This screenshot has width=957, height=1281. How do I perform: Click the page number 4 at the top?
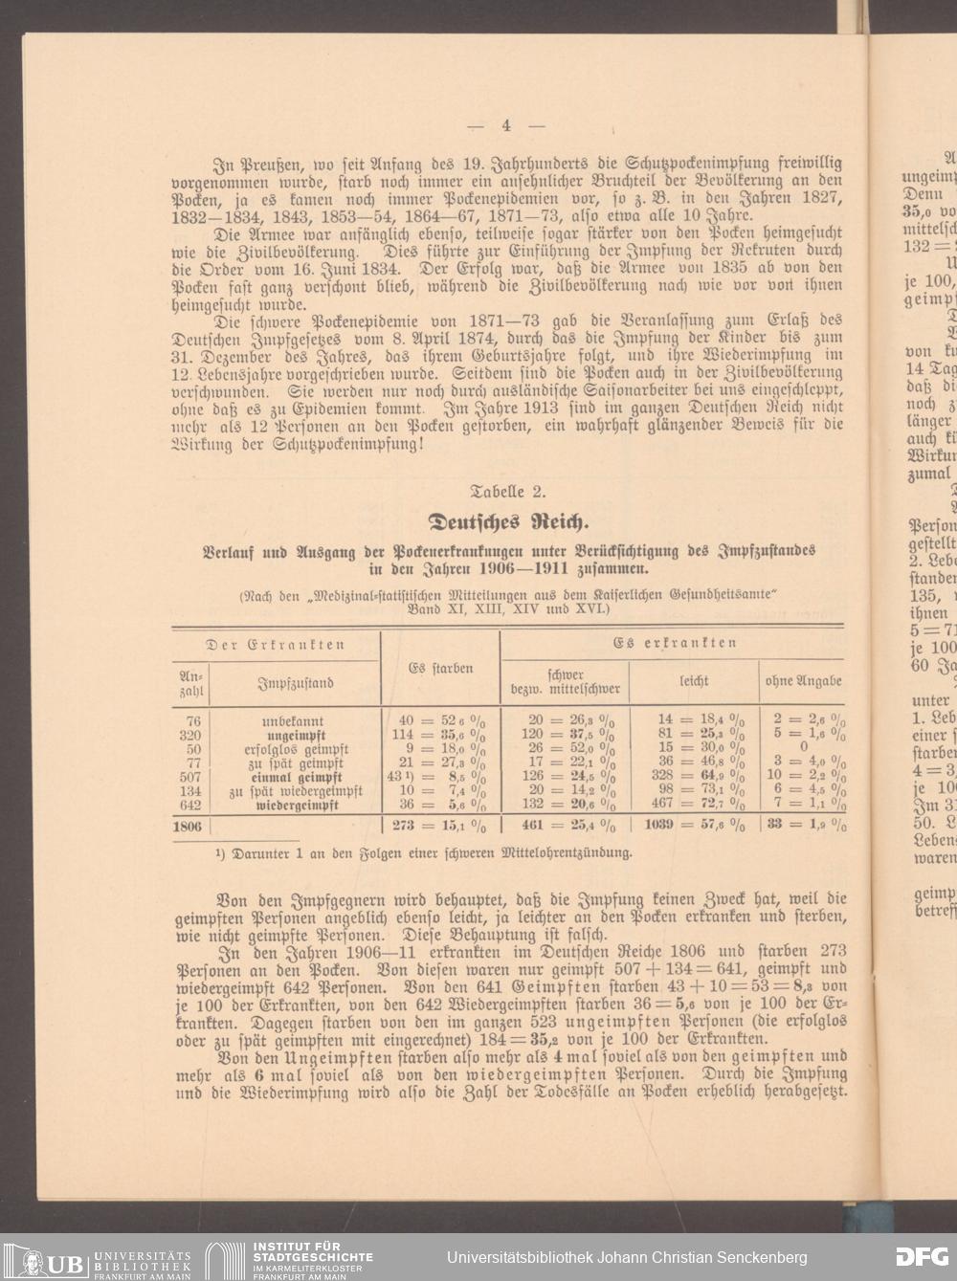coord(506,125)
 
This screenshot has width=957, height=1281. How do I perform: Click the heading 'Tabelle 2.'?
coord(509,493)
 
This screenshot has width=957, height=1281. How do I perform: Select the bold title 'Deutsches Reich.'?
coord(507,523)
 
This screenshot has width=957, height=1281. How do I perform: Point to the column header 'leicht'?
coord(694,681)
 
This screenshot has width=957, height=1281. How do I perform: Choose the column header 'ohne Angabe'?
coord(803,681)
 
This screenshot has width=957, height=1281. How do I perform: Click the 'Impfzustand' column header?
coord(296,683)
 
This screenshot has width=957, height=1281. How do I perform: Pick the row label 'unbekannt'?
coord(292,721)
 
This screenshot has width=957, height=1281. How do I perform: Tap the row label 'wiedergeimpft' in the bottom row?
coord(292,806)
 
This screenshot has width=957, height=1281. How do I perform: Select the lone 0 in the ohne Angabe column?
coord(804,749)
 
